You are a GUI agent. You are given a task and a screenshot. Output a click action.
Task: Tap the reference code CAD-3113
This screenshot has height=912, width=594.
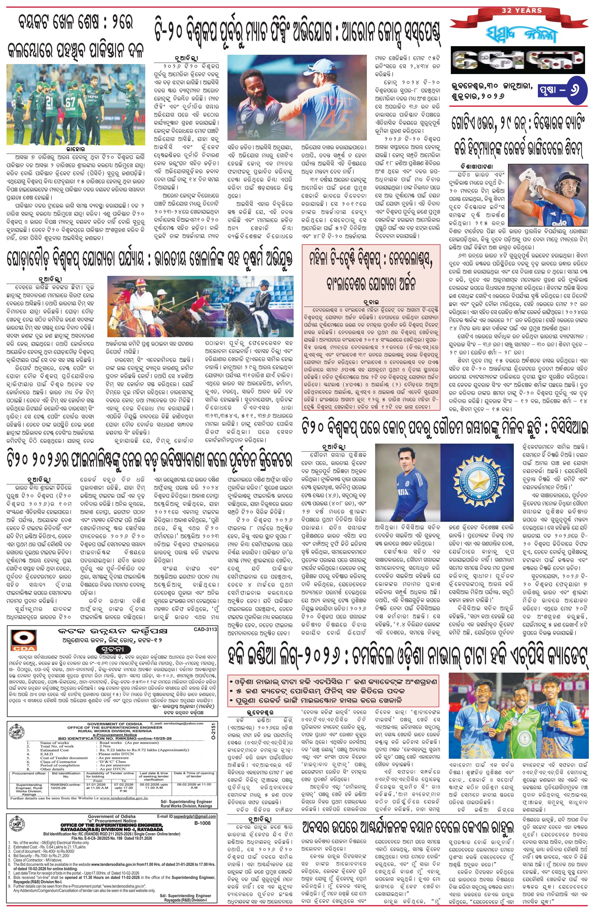(x=205, y=629)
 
